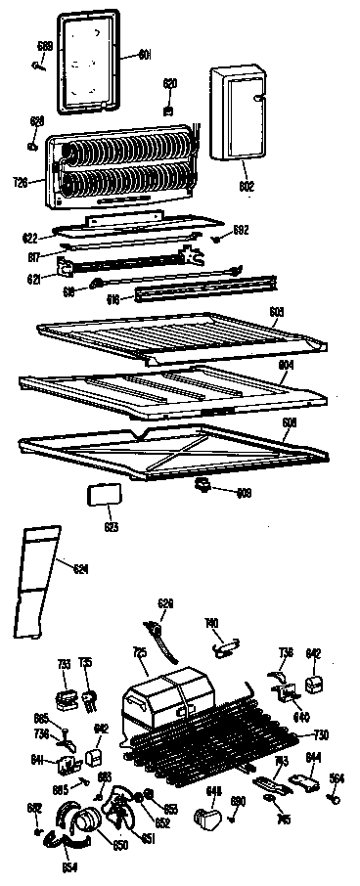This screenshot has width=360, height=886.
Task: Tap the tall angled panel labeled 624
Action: click(x=37, y=582)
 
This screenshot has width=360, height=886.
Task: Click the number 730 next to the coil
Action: click(x=320, y=735)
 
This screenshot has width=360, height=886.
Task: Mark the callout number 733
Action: click(x=65, y=666)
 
